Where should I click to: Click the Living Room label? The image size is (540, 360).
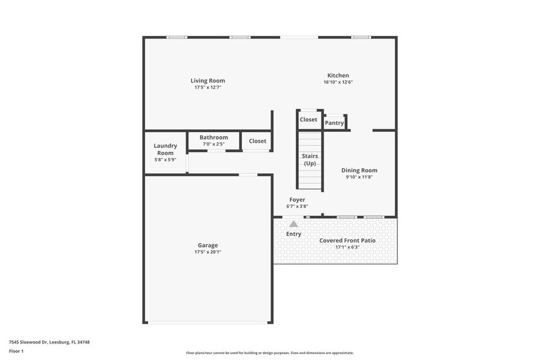click(208, 81)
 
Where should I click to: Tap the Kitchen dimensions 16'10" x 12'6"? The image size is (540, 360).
click(338, 82)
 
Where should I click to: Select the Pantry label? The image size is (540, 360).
click(334, 123)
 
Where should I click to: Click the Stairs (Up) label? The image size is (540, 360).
click(310, 160)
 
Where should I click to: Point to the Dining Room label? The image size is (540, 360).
click(359, 170)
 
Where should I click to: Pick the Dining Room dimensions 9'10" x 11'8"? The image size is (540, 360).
click(359, 178)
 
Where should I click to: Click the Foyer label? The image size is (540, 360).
click(297, 200)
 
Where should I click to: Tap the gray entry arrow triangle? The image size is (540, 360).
click(294, 224)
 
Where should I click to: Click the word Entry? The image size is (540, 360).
click(294, 234)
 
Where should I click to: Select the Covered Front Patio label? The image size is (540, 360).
click(348, 241)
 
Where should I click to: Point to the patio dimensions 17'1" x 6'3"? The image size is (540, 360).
click(348, 247)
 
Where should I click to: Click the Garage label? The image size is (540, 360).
click(208, 246)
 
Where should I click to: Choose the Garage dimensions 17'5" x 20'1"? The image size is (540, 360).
click(208, 252)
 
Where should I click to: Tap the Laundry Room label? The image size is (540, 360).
click(165, 149)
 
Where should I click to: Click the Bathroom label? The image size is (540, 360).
click(214, 138)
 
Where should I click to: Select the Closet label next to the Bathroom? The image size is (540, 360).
click(258, 141)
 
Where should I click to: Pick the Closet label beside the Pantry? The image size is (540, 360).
click(309, 119)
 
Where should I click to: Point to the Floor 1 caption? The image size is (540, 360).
click(17, 351)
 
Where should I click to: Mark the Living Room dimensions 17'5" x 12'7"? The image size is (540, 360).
click(208, 88)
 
